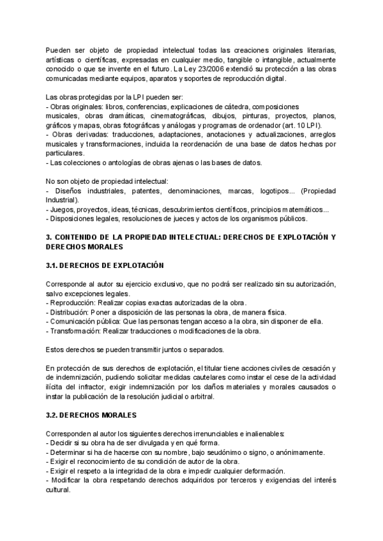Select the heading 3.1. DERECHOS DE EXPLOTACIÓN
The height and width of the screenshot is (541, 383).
point(105,265)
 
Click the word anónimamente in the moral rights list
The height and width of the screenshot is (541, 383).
point(298,452)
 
